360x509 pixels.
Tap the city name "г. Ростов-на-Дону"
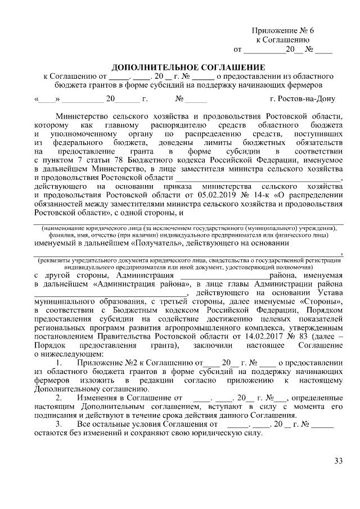point(302,100)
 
